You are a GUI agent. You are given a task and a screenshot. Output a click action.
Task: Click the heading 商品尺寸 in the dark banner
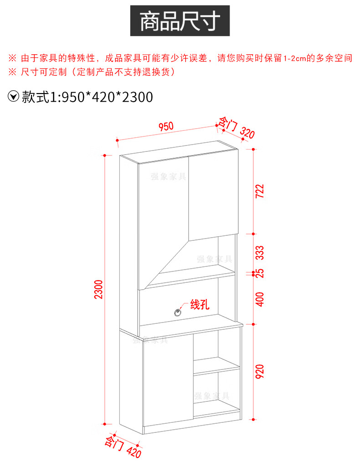tap(180, 21)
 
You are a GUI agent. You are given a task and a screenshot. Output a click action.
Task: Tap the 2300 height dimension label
tap(99, 289)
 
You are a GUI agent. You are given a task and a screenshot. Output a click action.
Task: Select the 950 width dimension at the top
tap(166, 126)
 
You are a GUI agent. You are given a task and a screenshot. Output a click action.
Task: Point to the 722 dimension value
tap(260, 191)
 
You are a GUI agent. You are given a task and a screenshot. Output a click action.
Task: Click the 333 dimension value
tap(260, 252)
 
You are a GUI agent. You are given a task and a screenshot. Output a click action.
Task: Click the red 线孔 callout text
tap(199, 304)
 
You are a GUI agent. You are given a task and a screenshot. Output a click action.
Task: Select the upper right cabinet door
tap(211, 196)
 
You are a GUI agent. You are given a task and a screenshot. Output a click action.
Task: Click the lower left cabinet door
tap(166, 381)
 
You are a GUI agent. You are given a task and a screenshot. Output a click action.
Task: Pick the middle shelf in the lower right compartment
tap(217, 366)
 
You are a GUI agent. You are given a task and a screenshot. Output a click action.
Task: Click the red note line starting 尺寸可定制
tap(91, 72)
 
